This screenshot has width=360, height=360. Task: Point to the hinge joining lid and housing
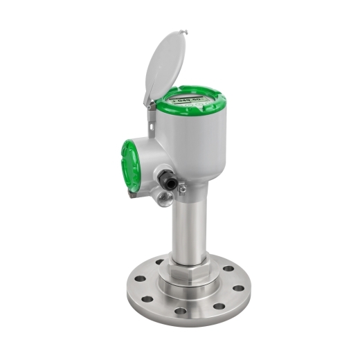(150, 104)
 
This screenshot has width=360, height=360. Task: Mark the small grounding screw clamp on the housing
(181, 188)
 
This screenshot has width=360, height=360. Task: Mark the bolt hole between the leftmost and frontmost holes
(149, 299)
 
